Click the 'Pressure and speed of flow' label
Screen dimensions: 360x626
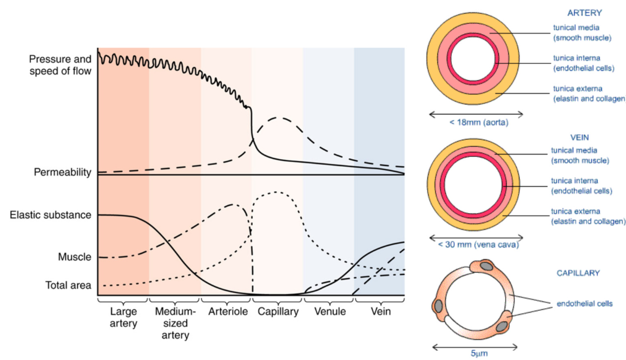61,65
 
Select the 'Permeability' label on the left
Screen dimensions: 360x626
63,173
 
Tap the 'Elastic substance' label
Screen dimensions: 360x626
51,215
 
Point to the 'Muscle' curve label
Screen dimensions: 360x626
75,257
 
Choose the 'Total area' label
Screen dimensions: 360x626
68,285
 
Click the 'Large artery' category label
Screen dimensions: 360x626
123,318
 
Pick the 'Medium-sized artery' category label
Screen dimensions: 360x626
175,324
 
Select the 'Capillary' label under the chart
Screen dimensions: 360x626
278,312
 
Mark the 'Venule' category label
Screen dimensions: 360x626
329,312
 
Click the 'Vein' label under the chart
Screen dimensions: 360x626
381,312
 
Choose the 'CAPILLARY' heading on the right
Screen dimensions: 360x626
578,273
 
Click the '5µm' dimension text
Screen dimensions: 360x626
477,354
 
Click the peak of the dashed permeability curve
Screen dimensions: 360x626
279,117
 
